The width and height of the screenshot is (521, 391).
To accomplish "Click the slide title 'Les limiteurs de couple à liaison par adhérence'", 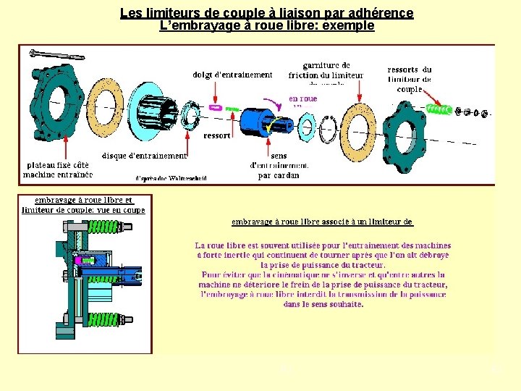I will (267, 13).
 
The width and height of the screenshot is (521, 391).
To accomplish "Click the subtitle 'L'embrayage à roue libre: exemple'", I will (267, 25).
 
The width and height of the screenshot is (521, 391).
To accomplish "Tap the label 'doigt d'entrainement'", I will (232, 75).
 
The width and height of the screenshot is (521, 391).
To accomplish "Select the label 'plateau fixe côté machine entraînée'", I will (58, 169).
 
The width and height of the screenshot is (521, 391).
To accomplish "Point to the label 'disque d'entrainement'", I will (144, 155).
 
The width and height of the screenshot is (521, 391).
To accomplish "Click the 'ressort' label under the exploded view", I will (216, 135).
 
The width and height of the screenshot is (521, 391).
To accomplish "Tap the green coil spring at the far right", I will (439, 109).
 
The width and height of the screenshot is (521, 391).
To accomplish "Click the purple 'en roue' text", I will (302, 98).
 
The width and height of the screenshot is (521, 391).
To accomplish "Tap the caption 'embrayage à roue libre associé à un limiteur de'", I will (322, 222).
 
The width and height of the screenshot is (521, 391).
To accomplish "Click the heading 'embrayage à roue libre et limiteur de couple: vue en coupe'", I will (83, 205).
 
